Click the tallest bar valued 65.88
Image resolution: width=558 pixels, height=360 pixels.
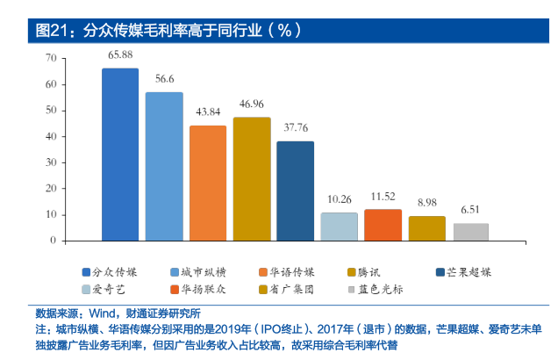pyautogui.click(x=120, y=154)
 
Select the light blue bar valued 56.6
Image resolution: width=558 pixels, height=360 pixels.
pyautogui.click(x=164, y=166)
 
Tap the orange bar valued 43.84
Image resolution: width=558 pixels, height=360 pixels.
pyautogui.click(x=208, y=183)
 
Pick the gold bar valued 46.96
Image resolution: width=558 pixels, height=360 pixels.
pyautogui.click(x=252, y=178)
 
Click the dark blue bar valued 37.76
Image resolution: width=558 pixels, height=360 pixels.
pyautogui.click(x=295, y=191)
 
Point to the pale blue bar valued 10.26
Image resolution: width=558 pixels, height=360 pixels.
pyautogui.click(x=339, y=227)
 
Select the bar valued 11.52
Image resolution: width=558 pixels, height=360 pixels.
pyautogui.click(x=383, y=225)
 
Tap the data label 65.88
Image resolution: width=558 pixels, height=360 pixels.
pyautogui.click(x=120, y=55)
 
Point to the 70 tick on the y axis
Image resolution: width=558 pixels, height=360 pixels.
pyautogui.click(x=50, y=58)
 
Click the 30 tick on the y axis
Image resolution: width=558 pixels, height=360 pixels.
pyautogui.click(x=50, y=162)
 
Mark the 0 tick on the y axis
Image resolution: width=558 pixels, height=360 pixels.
pyautogui.click(x=53, y=240)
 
